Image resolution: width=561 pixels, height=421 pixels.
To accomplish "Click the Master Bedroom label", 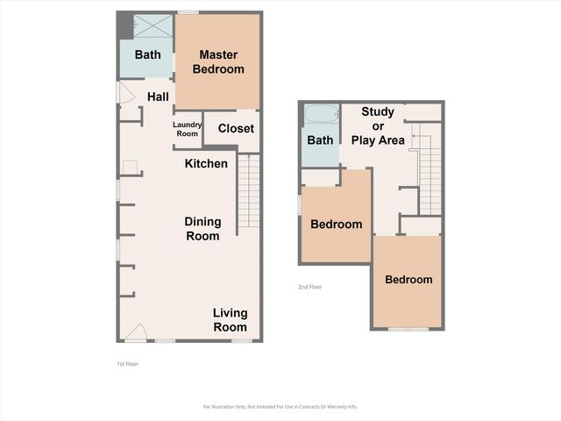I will coord(218,61).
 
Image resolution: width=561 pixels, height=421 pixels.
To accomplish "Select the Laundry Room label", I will coord(188,129).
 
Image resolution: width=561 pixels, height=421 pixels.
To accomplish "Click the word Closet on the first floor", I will coord(236,128).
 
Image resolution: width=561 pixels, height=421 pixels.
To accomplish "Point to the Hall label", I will coord(158,96).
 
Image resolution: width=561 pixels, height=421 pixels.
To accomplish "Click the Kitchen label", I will coord(206,164).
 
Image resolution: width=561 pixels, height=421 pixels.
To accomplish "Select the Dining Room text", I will coord(202,228).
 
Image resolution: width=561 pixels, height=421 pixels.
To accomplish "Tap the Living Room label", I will coord(231,320).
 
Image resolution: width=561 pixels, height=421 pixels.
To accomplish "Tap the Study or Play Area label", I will coord(378,126).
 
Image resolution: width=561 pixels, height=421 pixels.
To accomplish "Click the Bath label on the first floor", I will coord(147,55).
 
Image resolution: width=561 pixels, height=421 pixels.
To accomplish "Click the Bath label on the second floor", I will coord(320,140).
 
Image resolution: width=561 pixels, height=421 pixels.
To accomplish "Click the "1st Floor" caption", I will coord(127,363).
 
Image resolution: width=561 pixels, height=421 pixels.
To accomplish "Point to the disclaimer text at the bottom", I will coord(280,406).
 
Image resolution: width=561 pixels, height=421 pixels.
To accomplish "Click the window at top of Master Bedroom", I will coord(187,12).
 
